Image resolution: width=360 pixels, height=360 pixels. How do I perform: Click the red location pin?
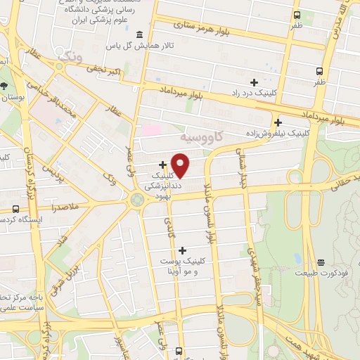point(181,165)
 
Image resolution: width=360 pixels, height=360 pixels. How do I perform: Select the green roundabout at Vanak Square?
point(137,200)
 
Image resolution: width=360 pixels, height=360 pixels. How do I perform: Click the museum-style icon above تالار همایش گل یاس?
point(139,34)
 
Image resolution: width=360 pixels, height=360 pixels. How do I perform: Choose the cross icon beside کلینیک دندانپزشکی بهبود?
point(162,165)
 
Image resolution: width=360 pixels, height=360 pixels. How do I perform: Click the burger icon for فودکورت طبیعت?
point(321,262)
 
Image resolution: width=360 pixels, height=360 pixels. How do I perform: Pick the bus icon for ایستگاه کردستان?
point(15,209)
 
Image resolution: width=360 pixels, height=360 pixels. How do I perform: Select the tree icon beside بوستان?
point(5,86)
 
